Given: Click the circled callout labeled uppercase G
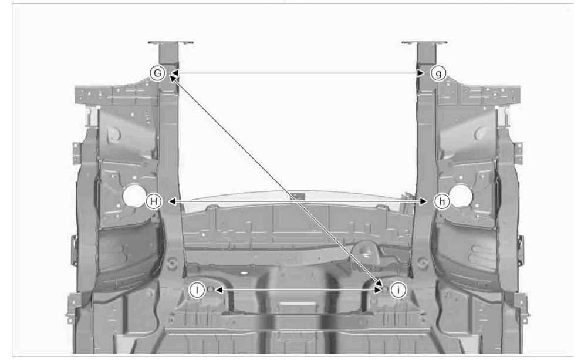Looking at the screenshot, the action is pyautogui.click(x=157, y=73).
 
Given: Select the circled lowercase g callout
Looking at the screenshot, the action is pyautogui.click(x=438, y=73).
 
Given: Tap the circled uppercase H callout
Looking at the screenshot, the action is pyautogui.click(x=153, y=201).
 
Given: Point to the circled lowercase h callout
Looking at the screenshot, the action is pyautogui.click(x=442, y=201).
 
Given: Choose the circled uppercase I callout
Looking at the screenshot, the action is pyautogui.click(x=197, y=290).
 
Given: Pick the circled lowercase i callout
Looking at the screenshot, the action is pyautogui.click(x=398, y=290).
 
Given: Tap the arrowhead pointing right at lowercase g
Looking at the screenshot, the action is pyautogui.click(x=421, y=73).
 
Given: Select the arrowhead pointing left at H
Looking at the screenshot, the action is pyautogui.click(x=172, y=201).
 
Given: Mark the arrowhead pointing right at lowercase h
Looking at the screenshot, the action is pyautogui.click(x=423, y=201).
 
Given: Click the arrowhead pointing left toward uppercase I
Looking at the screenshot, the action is pyautogui.click(x=219, y=290).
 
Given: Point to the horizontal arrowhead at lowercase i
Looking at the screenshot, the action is pyautogui.click(x=378, y=290).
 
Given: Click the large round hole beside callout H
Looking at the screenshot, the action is pyautogui.click(x=134, y=196).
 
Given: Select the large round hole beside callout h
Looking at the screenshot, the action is pyautogui.click(x=460, y=196).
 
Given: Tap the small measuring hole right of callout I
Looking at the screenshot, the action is pyautogui.click(x=210, y=290).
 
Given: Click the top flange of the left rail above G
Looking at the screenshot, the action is pyautogui.click(x=170, y=43).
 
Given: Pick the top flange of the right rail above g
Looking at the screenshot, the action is pyautogui.click(x=425, y=43).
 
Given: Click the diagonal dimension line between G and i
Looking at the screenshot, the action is pyautogui.click(x=276, y=180).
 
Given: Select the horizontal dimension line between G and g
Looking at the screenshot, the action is pyautogui.click(x=298, y=73).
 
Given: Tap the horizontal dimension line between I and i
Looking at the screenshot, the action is pyautogui.click(x=298, y=290).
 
